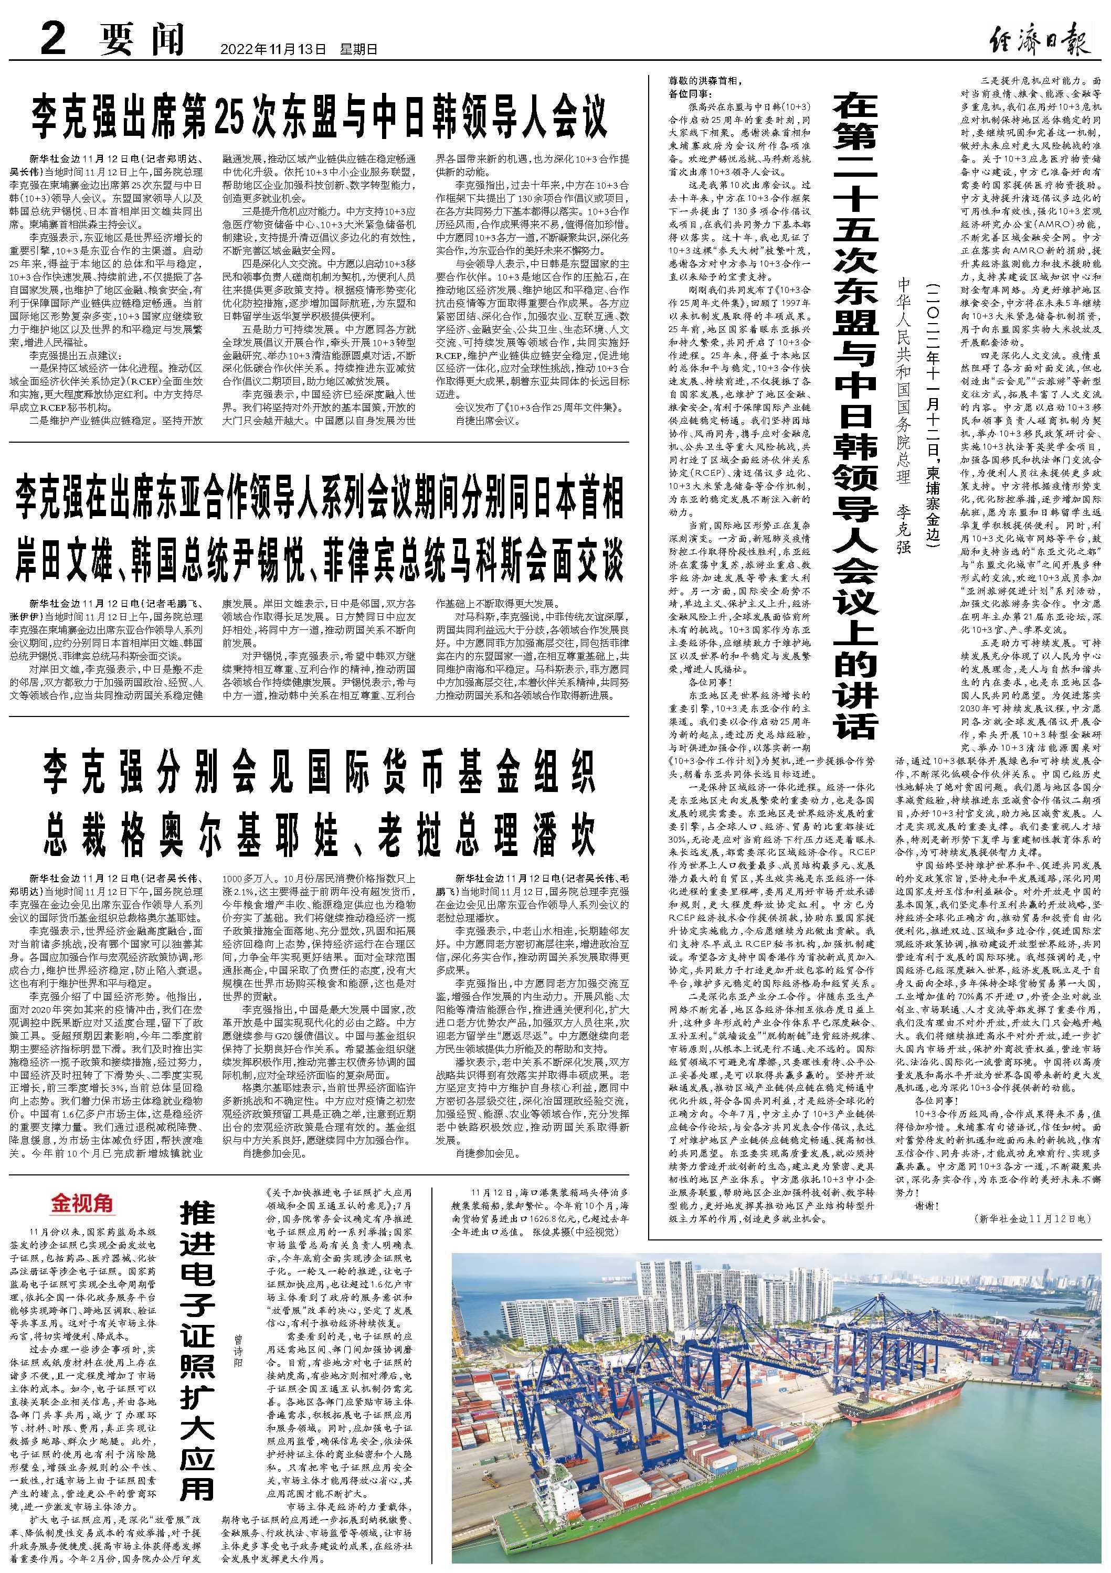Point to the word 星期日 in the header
[x=358, y=49]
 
